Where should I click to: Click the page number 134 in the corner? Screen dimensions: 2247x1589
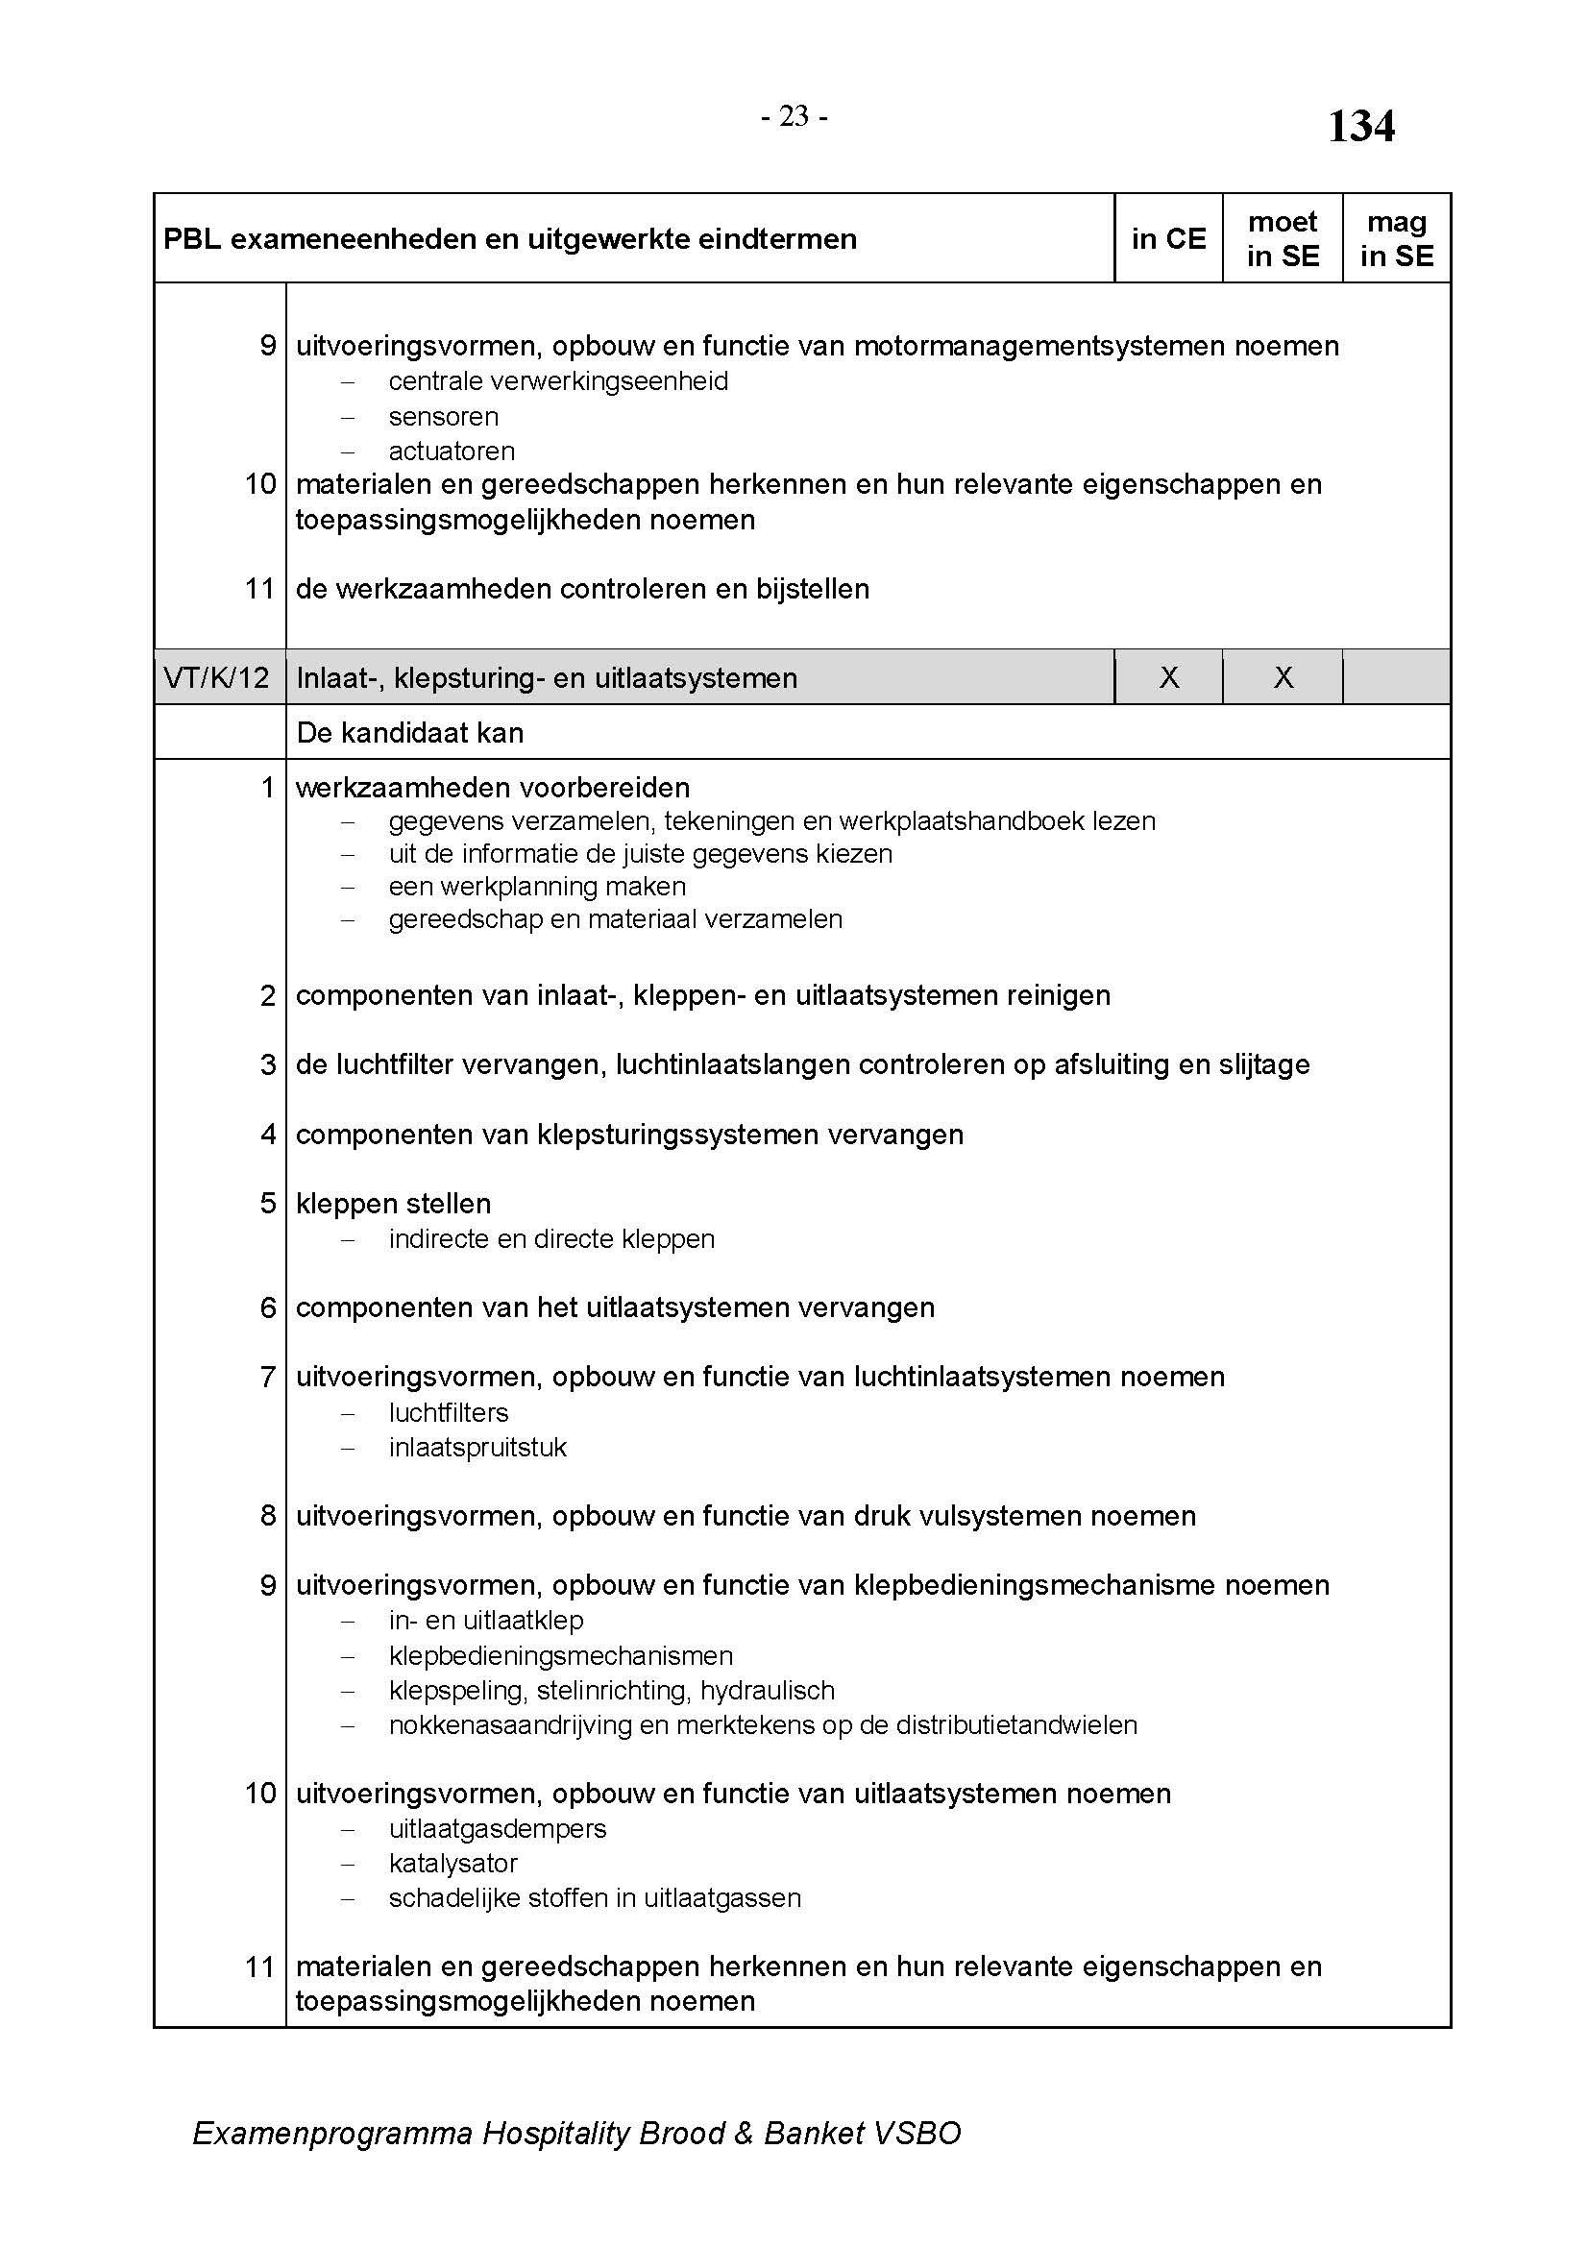pos(1360,127)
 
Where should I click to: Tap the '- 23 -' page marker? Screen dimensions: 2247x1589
pos(794,117)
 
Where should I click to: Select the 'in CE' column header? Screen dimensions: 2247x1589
pos(1168,239)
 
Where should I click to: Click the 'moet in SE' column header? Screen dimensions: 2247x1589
pos(1282,239)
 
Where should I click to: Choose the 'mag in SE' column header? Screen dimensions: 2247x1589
pos(1396,239)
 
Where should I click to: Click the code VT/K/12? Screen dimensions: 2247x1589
pos(217,677)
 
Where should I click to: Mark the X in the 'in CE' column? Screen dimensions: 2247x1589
pos(1168,677)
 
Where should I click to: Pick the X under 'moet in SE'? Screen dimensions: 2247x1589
pos(1283,677)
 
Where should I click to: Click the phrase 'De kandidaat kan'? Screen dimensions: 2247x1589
pos(409,733)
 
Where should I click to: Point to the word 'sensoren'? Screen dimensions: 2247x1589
pos(443,417)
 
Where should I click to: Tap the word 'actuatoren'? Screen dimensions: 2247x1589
pos(452,452)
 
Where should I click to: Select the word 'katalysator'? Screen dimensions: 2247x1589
pos(453,1864)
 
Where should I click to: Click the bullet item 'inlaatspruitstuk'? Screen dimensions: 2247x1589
pos(477,1448)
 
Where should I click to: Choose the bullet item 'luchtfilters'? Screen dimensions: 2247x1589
pos(448,1413)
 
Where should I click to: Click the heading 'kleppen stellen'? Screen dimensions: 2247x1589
pos(393,1204)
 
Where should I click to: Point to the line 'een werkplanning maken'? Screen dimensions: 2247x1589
pos(537,887)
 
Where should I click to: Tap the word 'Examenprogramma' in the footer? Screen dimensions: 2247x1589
pos(331,2134)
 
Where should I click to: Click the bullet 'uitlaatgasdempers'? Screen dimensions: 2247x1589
pos(497,1828)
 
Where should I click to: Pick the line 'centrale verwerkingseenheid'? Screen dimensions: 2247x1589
pos(558,381)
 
